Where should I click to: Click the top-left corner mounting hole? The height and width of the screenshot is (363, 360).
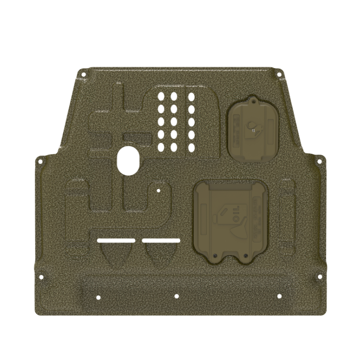83,75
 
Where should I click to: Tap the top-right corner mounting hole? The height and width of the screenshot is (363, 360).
279,75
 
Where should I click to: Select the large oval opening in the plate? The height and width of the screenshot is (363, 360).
129,161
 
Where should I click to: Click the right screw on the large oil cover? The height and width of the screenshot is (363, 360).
246,256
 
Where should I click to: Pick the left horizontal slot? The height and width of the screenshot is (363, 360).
116,240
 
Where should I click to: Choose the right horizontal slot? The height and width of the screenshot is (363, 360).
161,240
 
